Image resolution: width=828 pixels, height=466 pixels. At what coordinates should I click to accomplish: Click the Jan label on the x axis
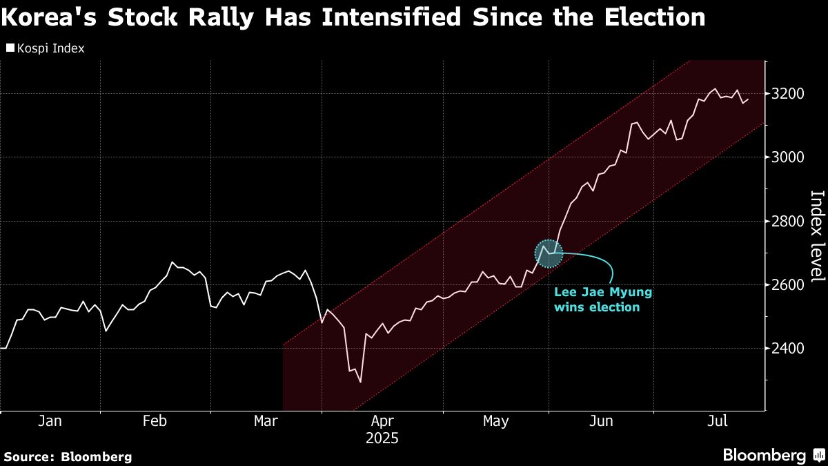pos(50,421)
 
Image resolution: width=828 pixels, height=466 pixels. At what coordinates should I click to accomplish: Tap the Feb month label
pos(156,421)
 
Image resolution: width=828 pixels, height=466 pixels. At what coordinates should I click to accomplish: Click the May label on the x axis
pos(495,421)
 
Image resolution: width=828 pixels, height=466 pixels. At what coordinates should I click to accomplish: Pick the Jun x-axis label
pos(602,421)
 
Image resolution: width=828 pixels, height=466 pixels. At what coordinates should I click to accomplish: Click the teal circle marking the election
pos(549,255)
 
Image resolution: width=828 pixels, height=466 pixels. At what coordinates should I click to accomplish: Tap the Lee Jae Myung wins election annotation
pos(603,300)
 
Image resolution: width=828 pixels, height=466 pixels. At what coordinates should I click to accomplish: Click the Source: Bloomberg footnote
pos(68,456)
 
